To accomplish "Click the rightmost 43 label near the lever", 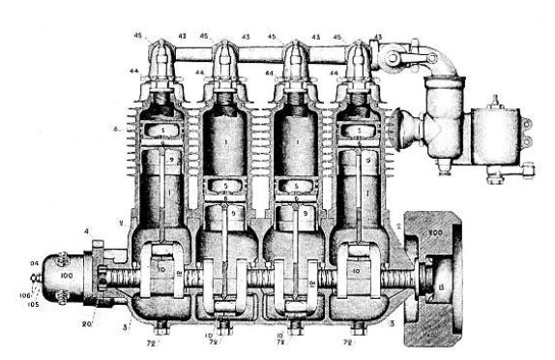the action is [376, 38].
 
